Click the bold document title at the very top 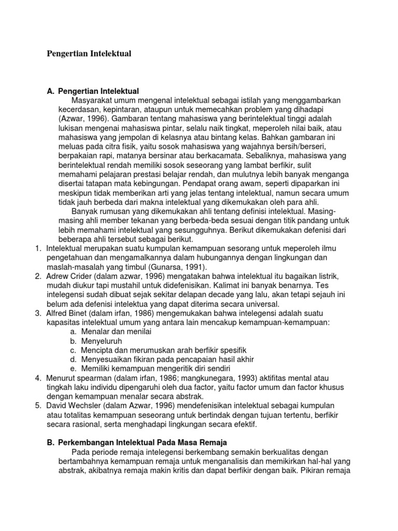(x=89, y=53)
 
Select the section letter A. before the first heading (x=51, y=91)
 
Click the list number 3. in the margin (x=38, y=313)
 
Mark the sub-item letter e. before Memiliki (x=73, y=368)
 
